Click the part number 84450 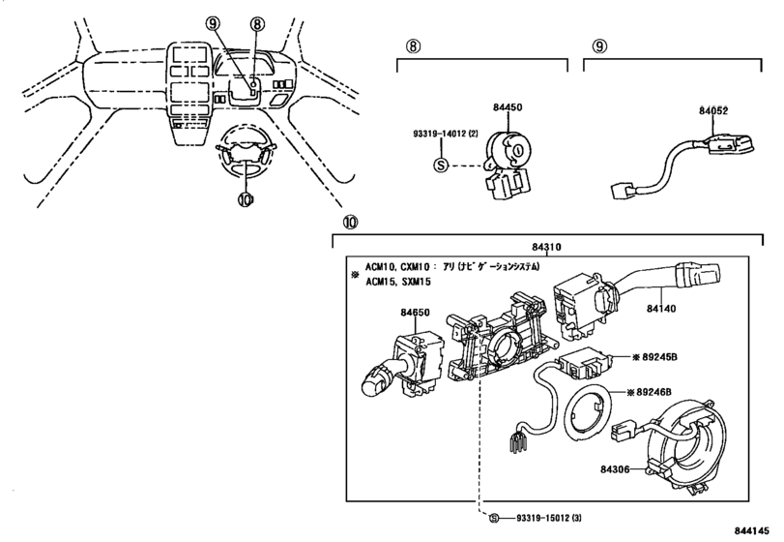point(508,107)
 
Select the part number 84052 point(713,110)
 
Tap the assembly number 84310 point(546,247)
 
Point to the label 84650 point(415,313)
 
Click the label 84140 point(661,309)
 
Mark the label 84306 point(615,469)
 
